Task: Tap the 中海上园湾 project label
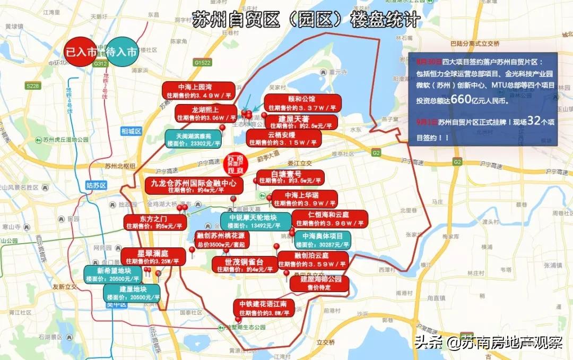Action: coord(199,91)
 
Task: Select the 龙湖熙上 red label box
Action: coord(206,113)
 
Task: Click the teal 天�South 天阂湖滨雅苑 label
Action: coord(193,139)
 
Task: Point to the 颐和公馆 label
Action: coord(301,103)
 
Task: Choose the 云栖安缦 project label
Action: coord(283,139)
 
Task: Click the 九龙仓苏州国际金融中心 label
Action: coord(194,185)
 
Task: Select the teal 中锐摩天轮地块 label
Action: coord(256,221)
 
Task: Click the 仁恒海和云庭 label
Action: coord(329,218)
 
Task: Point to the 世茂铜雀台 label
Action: coord(244,265)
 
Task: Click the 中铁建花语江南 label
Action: coord(264,308)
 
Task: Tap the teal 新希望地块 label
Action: coord(114,274)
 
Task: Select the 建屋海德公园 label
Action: coord(319,283)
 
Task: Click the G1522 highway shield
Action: coord(203,63)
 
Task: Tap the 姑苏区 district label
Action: coord(96,185)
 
